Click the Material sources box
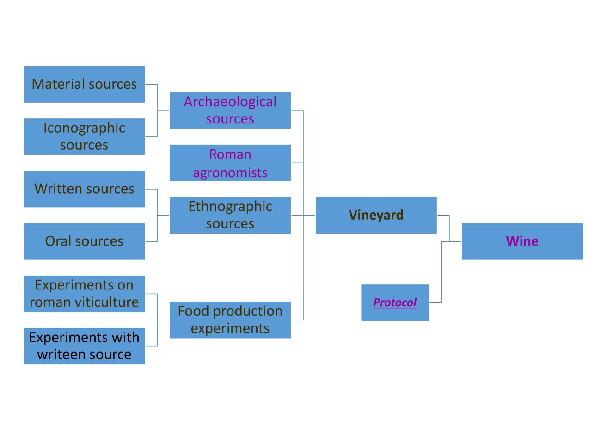tap(84, 84)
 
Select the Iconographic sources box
tap(84, 136)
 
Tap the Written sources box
tap(84, 189)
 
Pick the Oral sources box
tap(84, 241)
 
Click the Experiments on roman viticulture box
tap(84, 294)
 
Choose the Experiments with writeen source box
tap(84, 346)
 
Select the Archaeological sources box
tap(230, 111)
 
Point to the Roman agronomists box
tap(230, 163)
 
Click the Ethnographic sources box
tap(230, 215)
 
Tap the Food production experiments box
tap(230, 320)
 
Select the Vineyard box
tap(376, 215)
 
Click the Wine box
tap(522, 241)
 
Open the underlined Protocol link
tap(395, 302)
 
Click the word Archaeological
tap(230, 102)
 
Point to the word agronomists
tap(230, 172)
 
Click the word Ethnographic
tap(230, 206)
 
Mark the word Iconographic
tap(84, 128)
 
